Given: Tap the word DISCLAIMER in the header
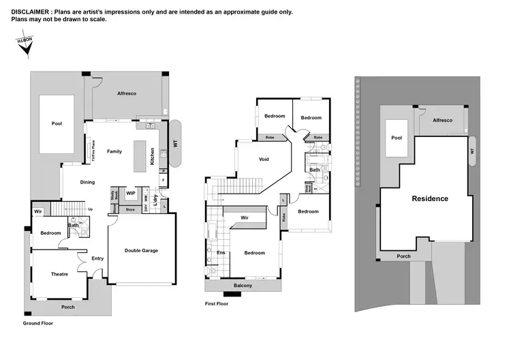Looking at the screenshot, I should (33, 12).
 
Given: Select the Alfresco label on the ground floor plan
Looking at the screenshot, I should (127, 93).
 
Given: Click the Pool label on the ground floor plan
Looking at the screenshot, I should (57, 124).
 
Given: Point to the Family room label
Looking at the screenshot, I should (114, 151).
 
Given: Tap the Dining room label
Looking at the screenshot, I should (88, 182).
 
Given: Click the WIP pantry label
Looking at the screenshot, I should (131, 194).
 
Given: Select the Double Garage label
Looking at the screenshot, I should (141, 250).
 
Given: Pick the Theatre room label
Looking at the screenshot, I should (59, 274).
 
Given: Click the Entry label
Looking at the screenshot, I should (97, 258).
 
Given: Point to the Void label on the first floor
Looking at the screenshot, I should (264, 160).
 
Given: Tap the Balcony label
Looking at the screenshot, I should (243, 286).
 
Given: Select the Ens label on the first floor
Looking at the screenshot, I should (221, 253).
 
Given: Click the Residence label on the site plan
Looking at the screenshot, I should (430, 198).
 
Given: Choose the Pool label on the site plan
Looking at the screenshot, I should (397, 137).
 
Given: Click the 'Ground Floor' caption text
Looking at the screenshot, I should (37, 323).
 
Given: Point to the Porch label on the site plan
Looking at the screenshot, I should (405, 256).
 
